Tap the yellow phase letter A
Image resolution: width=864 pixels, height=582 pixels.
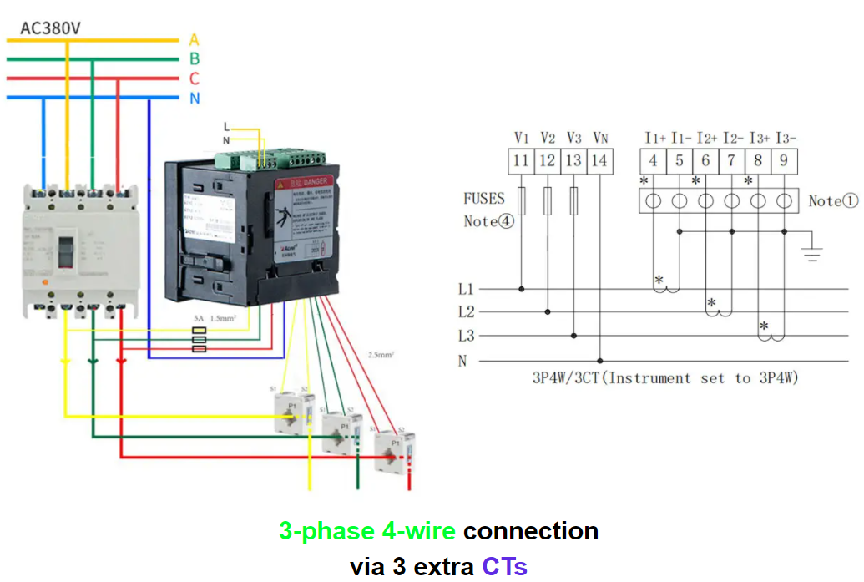click(195, 39)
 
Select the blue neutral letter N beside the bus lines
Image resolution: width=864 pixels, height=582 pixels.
click(195, 99)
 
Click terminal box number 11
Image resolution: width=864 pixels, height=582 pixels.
click(521, 160)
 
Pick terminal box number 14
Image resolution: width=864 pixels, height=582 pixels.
click(599, 160)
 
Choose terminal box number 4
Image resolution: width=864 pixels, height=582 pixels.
click(653, 160)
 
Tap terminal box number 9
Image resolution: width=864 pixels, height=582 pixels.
click(784, 160)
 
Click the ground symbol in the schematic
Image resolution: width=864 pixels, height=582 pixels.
click(811, 251)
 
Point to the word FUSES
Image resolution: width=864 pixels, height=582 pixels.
click(484, 199)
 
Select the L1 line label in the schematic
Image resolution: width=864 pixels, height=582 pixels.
click(466, 289)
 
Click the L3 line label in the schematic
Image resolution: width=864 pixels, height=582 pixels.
click(466, 336)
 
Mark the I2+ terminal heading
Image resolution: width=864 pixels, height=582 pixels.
click(707, 138)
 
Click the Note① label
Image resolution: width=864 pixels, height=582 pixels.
click(832, 201)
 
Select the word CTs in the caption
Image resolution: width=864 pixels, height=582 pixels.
click(504, 567)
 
